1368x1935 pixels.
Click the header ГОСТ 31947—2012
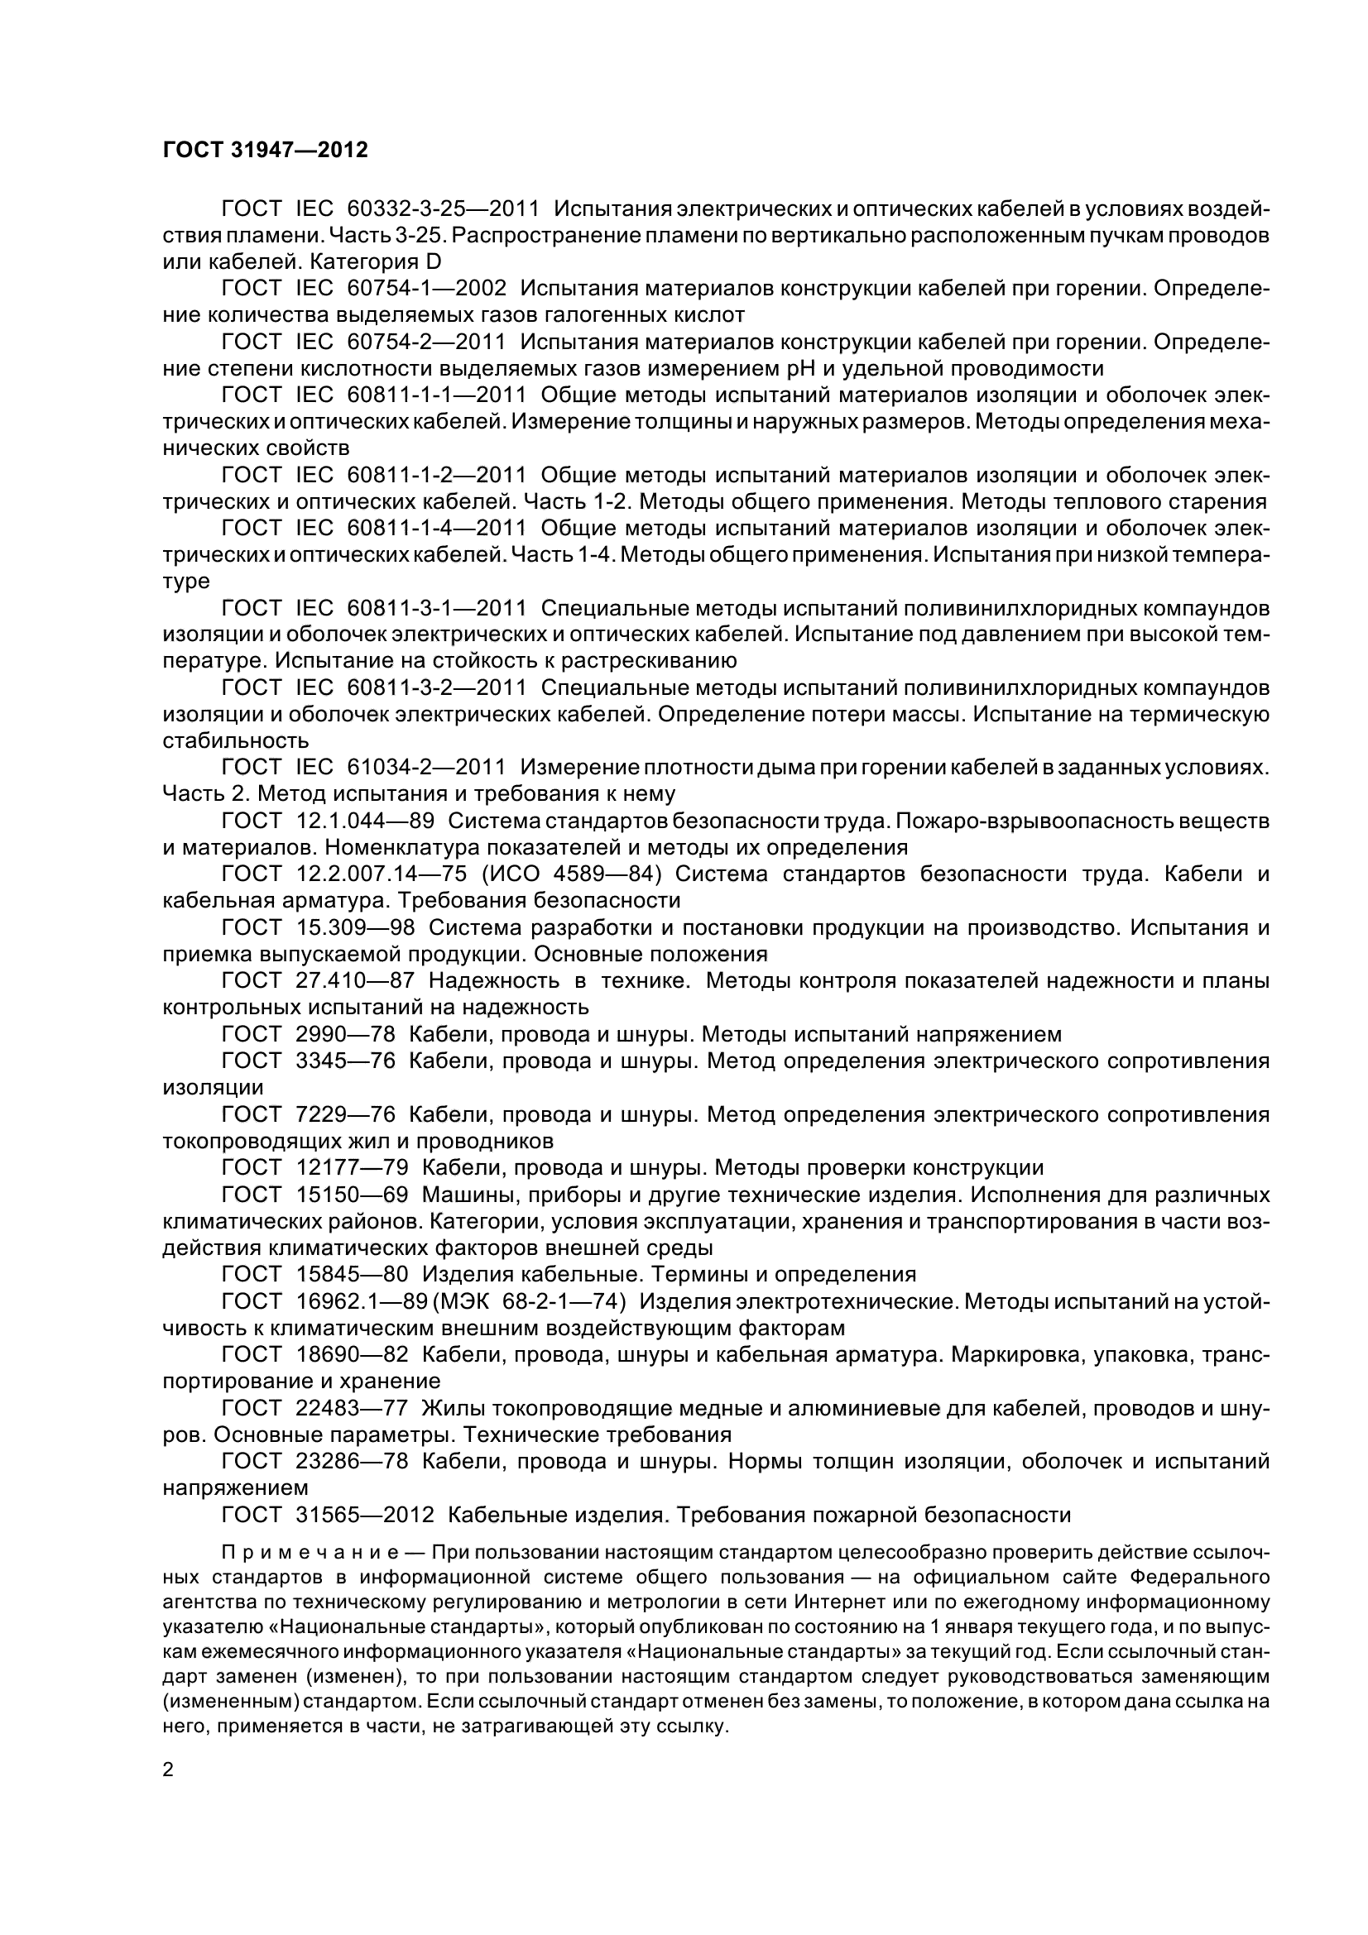tap(265, 151)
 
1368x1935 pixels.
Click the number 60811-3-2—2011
tap(436, 687)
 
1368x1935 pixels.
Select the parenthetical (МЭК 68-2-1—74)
tap(530, 1302)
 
